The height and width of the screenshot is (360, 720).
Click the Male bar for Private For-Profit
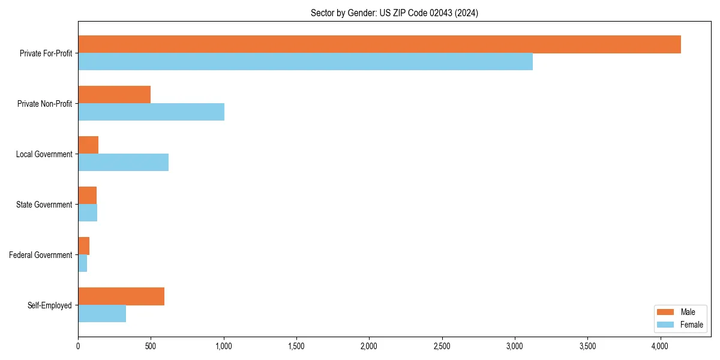pyautogui.click(x=379, y=44)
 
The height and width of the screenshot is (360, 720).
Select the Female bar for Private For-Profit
pyautogui.click(x=305, y=62)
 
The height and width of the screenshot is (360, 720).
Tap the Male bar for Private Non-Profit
pyautogui.click(x=114, y=95)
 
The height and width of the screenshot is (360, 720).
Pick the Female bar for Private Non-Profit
pyautogui.click(x=151, y=112)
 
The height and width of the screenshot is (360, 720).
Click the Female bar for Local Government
pyautogui.click(x=123, y=163)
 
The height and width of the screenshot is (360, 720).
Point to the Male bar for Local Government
pyautogui.click(x=88, y=145)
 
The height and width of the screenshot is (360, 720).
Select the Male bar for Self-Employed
pyautogui.click(x=121, y=296)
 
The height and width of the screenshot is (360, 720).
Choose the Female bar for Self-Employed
pyautogui.click(x=102, y=314)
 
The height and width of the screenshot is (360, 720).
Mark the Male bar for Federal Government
pyautogui.click(x=83, y=246)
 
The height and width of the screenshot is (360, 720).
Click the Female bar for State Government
pyautogui.click(x=88, y=213)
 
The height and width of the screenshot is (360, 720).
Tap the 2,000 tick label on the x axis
pyautogui.click(x=369, y=346)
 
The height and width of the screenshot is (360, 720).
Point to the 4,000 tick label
pyautogui.click(x=660, y=346)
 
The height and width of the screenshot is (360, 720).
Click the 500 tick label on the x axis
pyautogui.click(x=151, y=346)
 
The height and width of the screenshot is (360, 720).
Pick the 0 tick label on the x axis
pyautogui.click(x=78, y=346)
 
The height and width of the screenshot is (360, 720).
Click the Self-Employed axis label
pyautogui.click(x=50, y=305)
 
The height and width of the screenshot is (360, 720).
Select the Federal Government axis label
pyautogui.click(x=41, y=255)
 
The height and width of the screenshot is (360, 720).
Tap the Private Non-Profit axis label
pyautogui.click(x=44, y=104)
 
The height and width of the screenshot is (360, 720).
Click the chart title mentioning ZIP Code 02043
pyautogui.click(x=394, y=13)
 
